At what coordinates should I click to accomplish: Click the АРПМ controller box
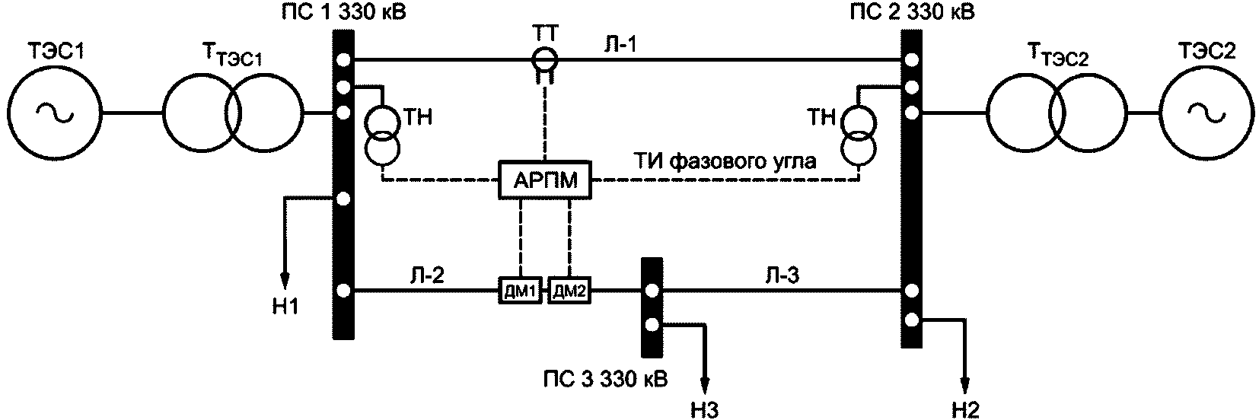(545, 180)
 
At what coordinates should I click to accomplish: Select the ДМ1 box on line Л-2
(521, 291)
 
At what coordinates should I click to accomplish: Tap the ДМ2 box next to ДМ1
(569, 291)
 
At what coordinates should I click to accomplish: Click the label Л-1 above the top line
(620, 44)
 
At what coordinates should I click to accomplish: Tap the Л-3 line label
(782, 275)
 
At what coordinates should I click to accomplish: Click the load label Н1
(286, 306)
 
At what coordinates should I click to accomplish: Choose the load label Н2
(966, 410)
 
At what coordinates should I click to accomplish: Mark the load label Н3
(706, 410)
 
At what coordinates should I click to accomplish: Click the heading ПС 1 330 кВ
(344, 11)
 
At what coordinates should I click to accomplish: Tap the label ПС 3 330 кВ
(606, 379)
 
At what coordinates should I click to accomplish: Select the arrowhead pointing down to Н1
(285, 278)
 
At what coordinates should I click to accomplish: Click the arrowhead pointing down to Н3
(706, 383)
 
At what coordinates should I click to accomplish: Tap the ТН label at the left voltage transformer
(418, 117)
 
